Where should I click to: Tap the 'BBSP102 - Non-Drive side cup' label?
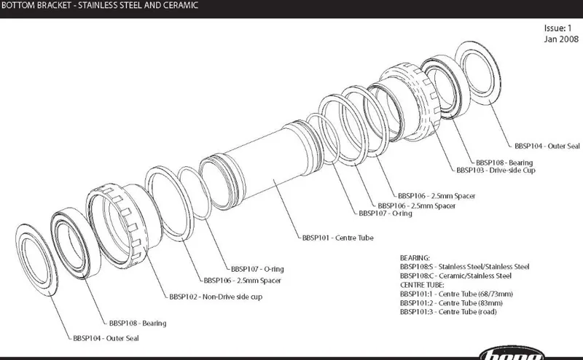[x=215, y=297]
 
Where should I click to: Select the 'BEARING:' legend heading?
[x=415, y=258]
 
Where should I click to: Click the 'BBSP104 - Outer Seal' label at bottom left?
[x=106, y=338]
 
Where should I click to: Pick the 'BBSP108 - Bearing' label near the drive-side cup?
[x=504, y=162]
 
